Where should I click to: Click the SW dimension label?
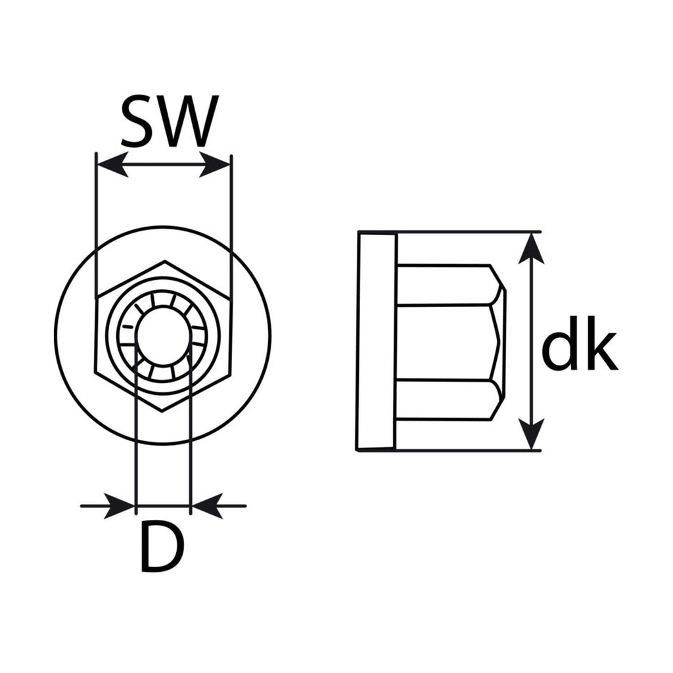[x=170, y=121]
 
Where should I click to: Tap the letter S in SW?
[x=137, y=121]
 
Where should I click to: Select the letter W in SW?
[x=188, y=122]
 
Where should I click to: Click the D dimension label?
[x=162, y=545]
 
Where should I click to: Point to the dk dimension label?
[x=580, y=342]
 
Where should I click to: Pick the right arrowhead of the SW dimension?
[x=216, y=164]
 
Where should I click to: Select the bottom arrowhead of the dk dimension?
[x=531, y=434]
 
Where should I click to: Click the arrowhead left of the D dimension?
[x=120, y=506]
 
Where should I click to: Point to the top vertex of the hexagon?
[x=164, y=260]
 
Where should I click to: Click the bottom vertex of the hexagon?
[x=162, y=411]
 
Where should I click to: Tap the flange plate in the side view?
[x=377, y=342]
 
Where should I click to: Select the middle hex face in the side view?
[x=446, y=342]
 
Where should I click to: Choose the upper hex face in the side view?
[x=446, y=285]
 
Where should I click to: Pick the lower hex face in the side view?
[x=446, y=400]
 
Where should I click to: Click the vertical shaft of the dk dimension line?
[x=531, y=341]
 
